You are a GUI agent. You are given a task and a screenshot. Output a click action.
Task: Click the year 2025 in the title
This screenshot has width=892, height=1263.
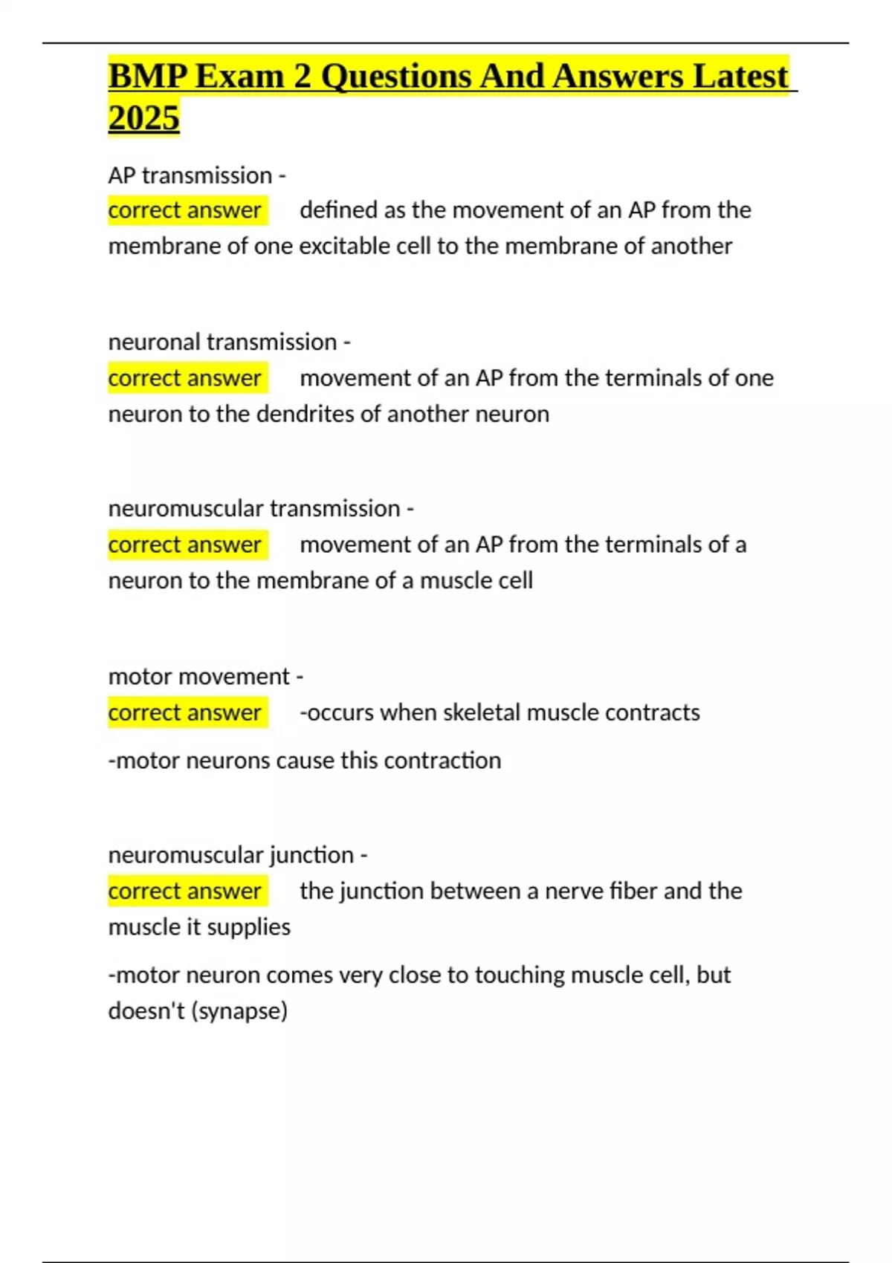[x=143, y=117]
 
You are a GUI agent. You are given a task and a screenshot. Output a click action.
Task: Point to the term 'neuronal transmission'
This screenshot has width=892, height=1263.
[x=222, y=342]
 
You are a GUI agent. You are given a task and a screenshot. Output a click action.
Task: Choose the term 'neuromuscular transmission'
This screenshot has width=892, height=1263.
[x=254, y=508]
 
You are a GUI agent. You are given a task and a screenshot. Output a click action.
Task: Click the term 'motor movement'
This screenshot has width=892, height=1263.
[x=198, y=676]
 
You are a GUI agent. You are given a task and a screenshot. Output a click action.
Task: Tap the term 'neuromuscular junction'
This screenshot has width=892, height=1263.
[x=230, y=854]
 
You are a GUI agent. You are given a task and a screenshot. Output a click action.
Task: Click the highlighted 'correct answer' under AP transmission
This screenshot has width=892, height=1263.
[x=184, y=210]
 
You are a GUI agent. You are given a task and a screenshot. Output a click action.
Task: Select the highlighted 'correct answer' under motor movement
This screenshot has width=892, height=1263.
[x=184, y=712]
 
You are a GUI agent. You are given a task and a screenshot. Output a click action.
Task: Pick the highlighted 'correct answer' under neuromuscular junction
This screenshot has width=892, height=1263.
[x=184, y=891]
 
